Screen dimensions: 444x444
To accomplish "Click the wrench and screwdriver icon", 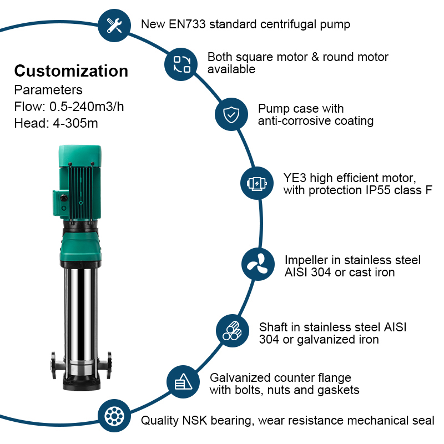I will (x=114, y=26).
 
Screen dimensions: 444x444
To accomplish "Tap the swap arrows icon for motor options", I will (x=181, y=64).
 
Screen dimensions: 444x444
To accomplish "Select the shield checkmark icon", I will (x=230, y=114).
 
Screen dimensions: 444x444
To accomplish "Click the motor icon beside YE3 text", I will (x=256, y=183).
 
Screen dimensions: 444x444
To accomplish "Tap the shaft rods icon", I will (x=231, y=330).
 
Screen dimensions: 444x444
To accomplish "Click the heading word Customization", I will (x=71, y=71).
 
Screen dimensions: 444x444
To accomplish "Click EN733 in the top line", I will (x=179, y=24).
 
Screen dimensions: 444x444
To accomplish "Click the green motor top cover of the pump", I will (x=80, y=153).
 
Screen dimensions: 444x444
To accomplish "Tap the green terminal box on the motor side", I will (x=60, y=202).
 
